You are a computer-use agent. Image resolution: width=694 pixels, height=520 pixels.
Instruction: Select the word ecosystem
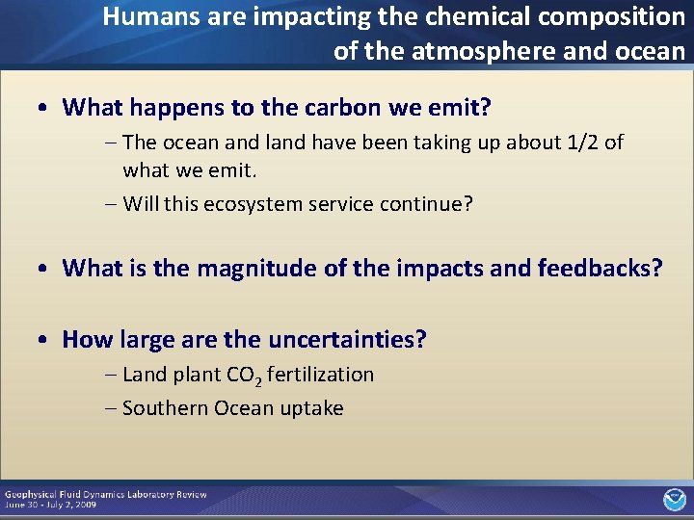[x=251, y=204]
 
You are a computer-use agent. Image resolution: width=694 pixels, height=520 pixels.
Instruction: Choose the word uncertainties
[x=347, y=339]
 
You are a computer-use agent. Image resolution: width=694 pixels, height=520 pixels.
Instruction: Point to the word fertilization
[x=320, y=375]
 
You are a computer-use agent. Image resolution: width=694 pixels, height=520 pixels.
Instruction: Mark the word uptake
[x=311, y=409]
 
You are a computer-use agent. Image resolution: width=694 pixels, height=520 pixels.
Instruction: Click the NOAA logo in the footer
[x=674, y=499]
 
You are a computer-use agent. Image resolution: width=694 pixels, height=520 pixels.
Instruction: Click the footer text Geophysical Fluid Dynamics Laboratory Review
[x=105, y=494]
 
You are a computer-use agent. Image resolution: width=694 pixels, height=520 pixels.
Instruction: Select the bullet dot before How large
[x=46, y=340]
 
